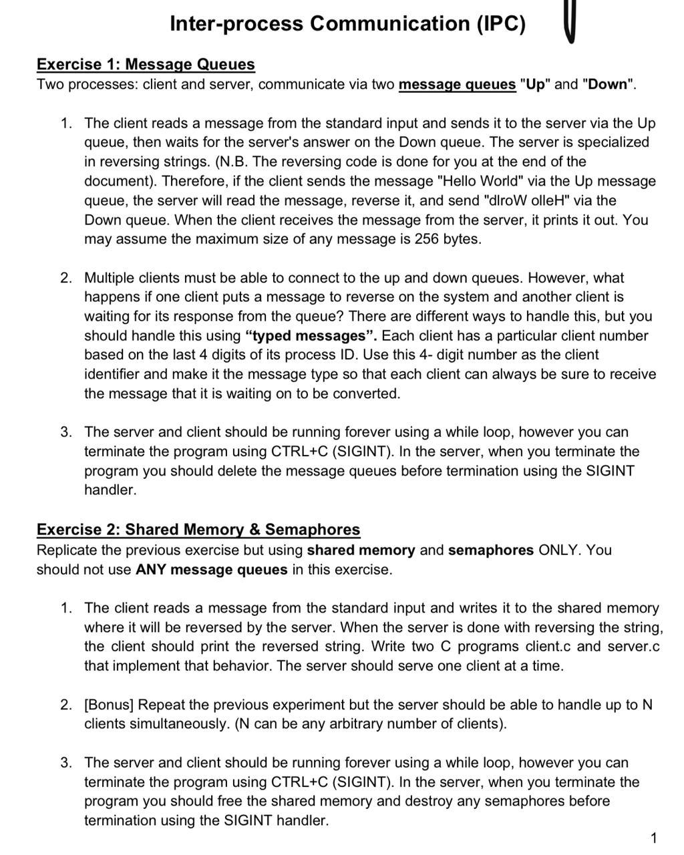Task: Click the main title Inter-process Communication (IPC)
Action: point(347,24)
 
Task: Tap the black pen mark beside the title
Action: point(570,22)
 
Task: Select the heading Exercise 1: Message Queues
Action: point(146,65)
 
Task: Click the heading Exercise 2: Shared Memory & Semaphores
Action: point(198,530)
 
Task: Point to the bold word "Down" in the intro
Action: point(608,85)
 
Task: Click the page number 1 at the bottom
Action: point(653,838)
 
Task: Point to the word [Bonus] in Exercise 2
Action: point(109,705)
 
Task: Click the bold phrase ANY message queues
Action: point(211,570)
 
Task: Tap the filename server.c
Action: point(633,647)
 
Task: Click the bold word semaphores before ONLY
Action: point(490,550)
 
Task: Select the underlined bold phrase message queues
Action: point(457,85)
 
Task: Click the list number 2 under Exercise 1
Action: point(65,278)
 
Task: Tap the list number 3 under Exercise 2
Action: point(65,763)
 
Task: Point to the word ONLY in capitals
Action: point(560,550)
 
